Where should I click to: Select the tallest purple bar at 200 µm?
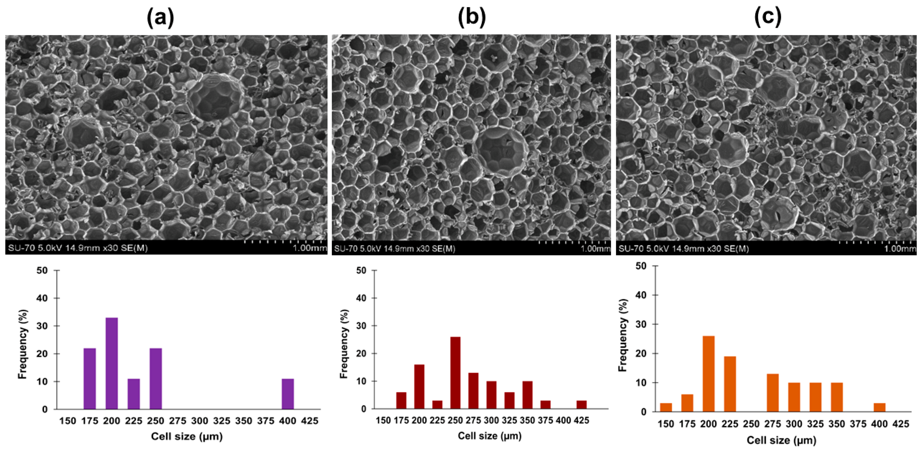pos(112,363)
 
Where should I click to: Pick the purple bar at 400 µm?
pos(288,394)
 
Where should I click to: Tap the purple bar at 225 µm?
pos(134,394)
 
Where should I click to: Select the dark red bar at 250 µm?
pos(455,373)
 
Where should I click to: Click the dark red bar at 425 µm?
pos(581,405)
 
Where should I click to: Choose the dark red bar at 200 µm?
pos(419,386)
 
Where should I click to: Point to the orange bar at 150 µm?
pos(666,407)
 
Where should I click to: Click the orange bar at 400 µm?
pos(879,407)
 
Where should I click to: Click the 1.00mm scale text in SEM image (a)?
pos(310,248)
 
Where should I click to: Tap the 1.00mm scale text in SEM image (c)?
pos(900,248)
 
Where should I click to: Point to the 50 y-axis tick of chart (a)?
pos(42,271)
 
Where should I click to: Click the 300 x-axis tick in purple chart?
pos(200,421)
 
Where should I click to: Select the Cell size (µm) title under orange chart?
pos(781,440)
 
